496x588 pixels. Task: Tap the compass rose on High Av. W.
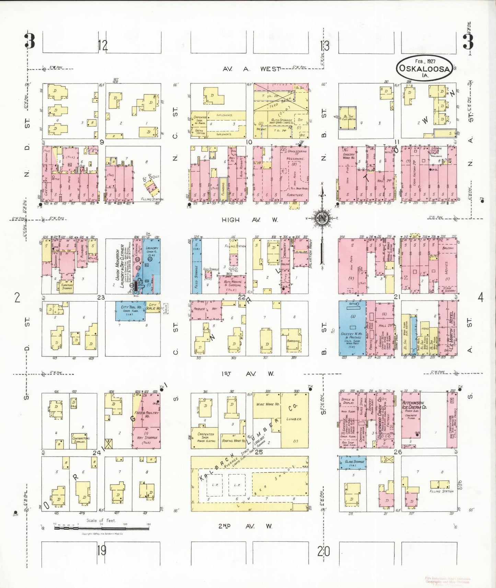click(x=322, y=218)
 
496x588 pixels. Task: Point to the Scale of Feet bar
click(x=102, y=528)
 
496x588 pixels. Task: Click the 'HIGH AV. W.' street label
click(x=250, y=220)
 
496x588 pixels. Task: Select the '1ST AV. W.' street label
click(x=247, y=374)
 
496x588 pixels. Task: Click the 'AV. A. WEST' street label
click(x=251, y=69)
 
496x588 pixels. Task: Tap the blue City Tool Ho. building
click(x=131, y=311)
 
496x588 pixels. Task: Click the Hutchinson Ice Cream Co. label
click(x=414, y=405)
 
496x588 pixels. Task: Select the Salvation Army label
click(x=311, y=254)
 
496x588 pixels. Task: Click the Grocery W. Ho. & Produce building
click(x=352, y=328)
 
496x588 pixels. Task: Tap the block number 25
click(x=258, y=452)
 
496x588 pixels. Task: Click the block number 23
click(x=101, y=297)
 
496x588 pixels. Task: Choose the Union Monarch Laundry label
click(x=119, y=266)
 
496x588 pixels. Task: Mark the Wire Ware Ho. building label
click(x=268, y=404)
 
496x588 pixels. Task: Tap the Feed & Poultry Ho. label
click(x=147, y=414)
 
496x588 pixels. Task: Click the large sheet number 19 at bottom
click(x=101, y=551)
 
